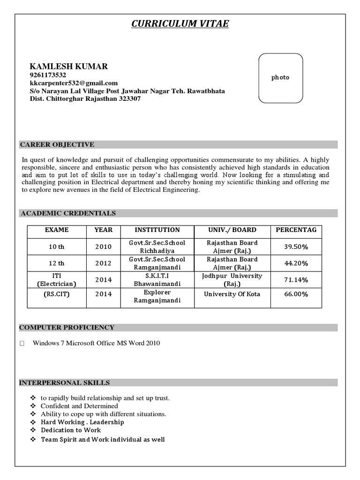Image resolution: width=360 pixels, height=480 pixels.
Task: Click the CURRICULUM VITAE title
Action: click(180, 23)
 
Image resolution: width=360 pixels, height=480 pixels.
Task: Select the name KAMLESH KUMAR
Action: click(68, 67)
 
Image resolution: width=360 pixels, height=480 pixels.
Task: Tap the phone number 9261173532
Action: click(48, 75)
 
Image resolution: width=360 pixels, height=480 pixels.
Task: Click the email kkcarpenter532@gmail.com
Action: click(74, 83)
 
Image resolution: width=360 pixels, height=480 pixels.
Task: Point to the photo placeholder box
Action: click(281, 78)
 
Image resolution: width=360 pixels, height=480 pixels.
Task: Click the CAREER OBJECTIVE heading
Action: click(57, 144)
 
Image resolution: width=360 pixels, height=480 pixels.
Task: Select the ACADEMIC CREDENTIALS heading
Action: click(67, 213)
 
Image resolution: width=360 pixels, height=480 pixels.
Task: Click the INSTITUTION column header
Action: click(157, 230)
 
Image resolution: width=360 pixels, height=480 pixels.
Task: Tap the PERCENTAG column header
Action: click(296, 230)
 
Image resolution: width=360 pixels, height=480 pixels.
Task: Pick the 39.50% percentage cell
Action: click(296, 247)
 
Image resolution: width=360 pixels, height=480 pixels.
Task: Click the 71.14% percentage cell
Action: click(296, 280)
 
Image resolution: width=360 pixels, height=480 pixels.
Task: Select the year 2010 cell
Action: click(104, 247)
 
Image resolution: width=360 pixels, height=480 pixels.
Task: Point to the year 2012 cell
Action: click(104, 263)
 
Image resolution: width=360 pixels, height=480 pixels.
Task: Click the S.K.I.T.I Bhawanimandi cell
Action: click(157, 280)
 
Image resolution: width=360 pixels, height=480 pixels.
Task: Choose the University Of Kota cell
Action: click(232, 294)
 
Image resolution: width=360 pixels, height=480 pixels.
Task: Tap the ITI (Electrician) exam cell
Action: click(56, 280)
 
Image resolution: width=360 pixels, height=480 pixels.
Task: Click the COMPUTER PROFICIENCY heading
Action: click(67, 328)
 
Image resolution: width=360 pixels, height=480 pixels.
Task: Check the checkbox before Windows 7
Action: click(22, 344)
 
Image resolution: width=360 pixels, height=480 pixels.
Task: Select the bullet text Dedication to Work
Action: click(71, 430)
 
